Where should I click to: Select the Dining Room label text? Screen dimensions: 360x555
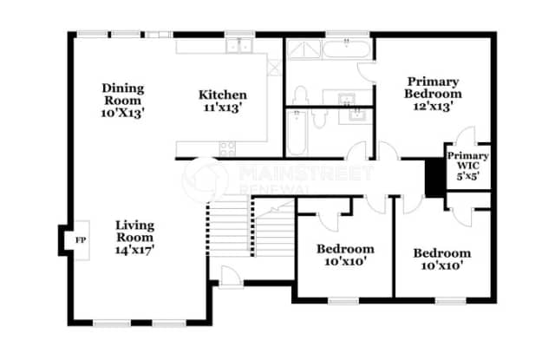click(122, 95)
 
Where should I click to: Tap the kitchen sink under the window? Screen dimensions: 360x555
click(233, 47)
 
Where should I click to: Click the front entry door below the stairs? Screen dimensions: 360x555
click(229, 277)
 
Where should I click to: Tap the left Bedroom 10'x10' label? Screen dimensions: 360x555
click(344, 254)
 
